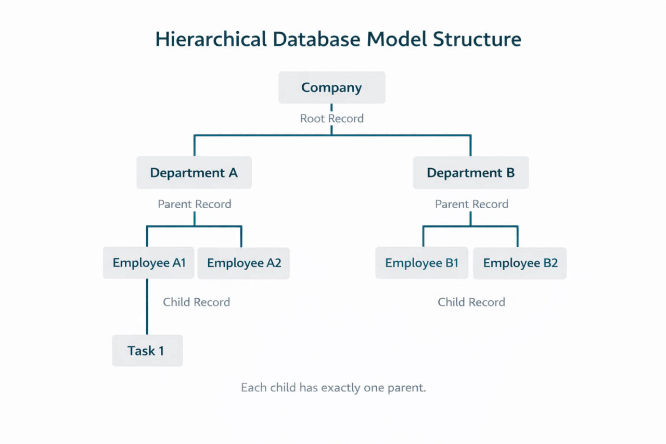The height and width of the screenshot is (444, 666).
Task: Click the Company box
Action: click(x=331, y=87)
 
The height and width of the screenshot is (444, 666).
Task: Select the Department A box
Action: click(x=194, y=172)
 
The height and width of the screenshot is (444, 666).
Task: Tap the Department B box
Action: click(x=470, y=172)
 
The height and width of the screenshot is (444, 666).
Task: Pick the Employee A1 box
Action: click(x=149, y=263)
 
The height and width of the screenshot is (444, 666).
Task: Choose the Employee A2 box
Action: click(x=244, y=263)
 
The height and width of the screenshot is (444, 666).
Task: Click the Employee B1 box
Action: click(x=421, y=263)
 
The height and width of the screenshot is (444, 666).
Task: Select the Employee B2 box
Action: click(x=520, y=263)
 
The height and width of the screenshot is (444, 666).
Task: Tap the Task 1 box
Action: click(x=147, y=351)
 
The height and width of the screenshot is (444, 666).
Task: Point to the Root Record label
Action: click(x=331, y=118)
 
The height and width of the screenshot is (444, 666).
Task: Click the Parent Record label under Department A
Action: click(x=194, y=204)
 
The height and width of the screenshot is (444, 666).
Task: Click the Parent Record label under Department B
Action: click(x=471, y=204)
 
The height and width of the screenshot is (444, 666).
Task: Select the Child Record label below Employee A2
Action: click(x=196, y=302)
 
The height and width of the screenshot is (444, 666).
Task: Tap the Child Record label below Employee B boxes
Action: click(x=471, y=302)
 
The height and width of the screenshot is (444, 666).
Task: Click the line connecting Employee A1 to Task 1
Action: click(x=147, y=307)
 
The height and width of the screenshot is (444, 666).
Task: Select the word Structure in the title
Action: click(x=477, y=40)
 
